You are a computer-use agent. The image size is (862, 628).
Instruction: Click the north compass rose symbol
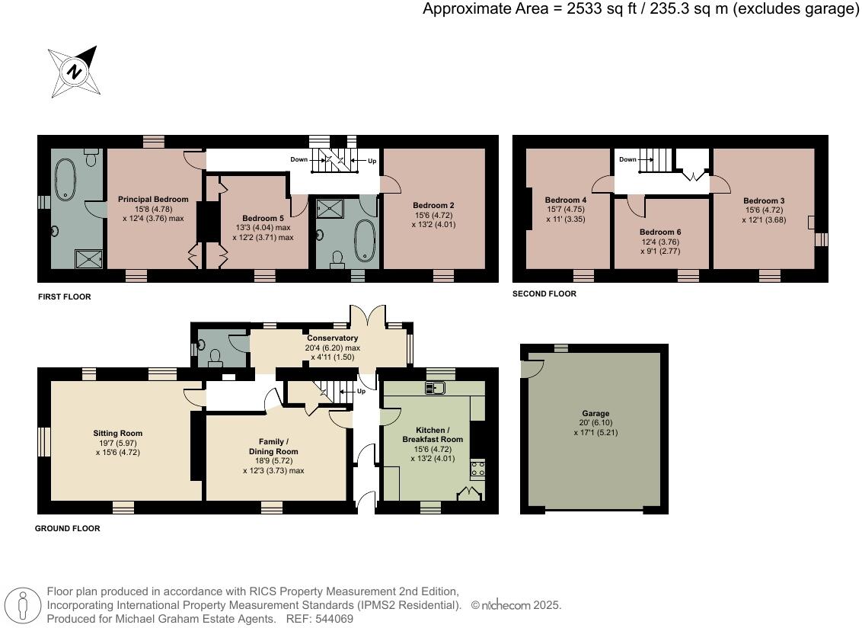(x=74, y=72)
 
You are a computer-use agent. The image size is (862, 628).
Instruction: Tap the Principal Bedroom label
(x=153, y=199)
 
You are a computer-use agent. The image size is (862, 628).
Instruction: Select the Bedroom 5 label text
(x=263, y=219)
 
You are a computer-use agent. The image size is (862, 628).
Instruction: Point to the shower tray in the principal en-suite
(x=89, y=258)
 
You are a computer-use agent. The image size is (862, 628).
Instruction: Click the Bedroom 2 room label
(x=433, y=205)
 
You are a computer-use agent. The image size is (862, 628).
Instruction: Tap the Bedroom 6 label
(x=660, y=232)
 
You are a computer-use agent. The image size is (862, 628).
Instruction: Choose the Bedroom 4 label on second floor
(x=566, y=200)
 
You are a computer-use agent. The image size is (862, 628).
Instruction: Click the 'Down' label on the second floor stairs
(x=627, y=159)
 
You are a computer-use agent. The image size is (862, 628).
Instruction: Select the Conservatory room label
(x=332, y=338)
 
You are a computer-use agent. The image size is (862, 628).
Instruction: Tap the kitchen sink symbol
(x=435, y=388)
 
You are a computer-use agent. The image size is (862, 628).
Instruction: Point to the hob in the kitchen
(x=477, y=469)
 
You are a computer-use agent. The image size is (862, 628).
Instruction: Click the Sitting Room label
(x=117, y=433)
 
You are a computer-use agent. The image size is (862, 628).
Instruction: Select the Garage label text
(x=596, y=413)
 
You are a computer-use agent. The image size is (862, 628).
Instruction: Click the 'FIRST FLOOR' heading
(x=64, y=296)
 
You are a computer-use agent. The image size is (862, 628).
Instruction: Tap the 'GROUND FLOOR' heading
(x=68, y=528)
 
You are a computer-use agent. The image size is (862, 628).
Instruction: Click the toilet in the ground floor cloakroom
(x=215, y=358)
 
